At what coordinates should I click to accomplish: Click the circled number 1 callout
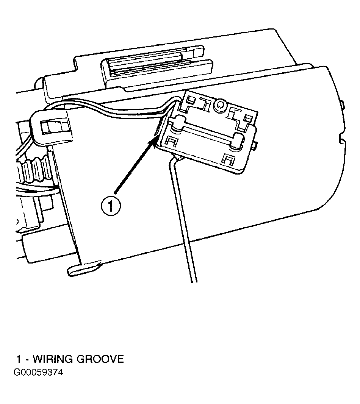click(111, 206)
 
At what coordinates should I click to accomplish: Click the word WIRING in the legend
click(53, 359)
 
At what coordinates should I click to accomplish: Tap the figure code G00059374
click(38, 373)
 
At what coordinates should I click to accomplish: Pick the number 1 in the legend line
click(19, 359)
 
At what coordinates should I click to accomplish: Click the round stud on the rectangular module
click(221, 105)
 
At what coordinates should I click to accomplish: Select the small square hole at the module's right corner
click(248, 118)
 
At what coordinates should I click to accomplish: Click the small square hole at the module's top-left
click(191, 100)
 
